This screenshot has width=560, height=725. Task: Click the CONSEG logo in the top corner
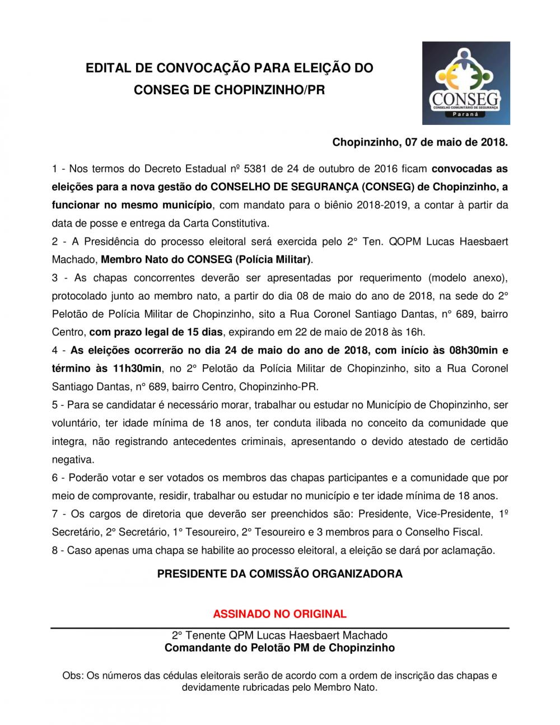click(466, 83)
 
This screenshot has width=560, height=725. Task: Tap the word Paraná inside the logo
click(465, 114)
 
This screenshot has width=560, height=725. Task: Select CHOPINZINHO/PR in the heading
click(270, 90)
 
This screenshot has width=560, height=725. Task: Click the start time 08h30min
click(473, 351)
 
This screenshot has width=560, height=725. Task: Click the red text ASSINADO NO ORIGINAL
click(279, 614)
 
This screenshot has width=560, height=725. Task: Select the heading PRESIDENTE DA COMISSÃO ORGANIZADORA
click(279, 574)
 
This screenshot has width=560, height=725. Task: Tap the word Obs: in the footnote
click(72, 676)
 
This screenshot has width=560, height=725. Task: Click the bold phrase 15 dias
click(204, 332)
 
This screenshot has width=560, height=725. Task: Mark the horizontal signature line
click(279, 628)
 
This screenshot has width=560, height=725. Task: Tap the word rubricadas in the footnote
click(266, 687)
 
